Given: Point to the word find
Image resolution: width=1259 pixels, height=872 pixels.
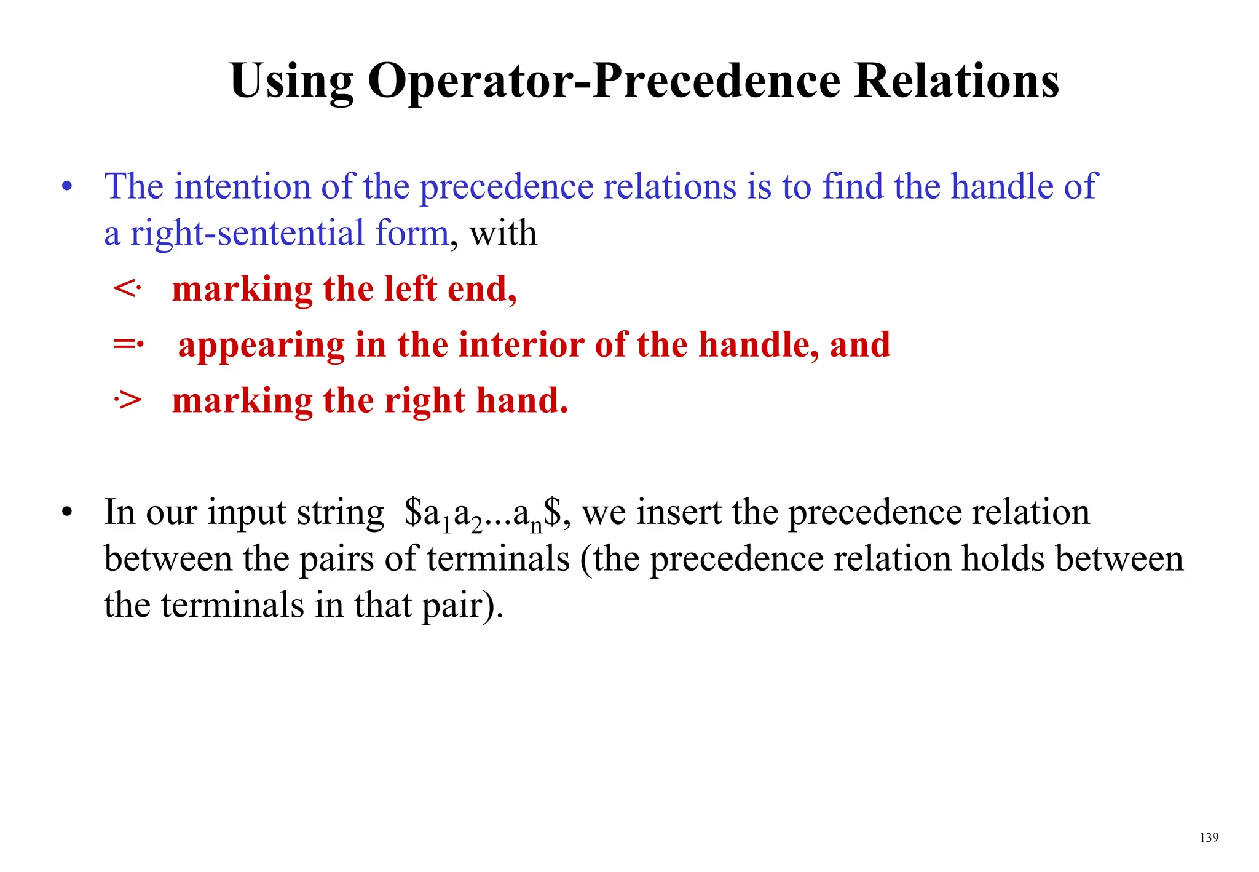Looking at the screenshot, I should coord(852,186).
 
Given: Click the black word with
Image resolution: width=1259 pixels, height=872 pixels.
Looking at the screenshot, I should coord(503,234).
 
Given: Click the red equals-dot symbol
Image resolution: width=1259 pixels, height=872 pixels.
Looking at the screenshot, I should coord(128,344).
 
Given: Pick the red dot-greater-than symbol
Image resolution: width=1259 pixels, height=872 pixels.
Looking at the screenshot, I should coord(128,401).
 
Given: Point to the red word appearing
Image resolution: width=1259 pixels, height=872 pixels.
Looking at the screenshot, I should coord(261,346).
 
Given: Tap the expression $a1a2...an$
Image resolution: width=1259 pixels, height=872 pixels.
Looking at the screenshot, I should coord(483,513).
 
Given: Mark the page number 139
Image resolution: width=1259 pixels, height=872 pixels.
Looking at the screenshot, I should coord(1209,838).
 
